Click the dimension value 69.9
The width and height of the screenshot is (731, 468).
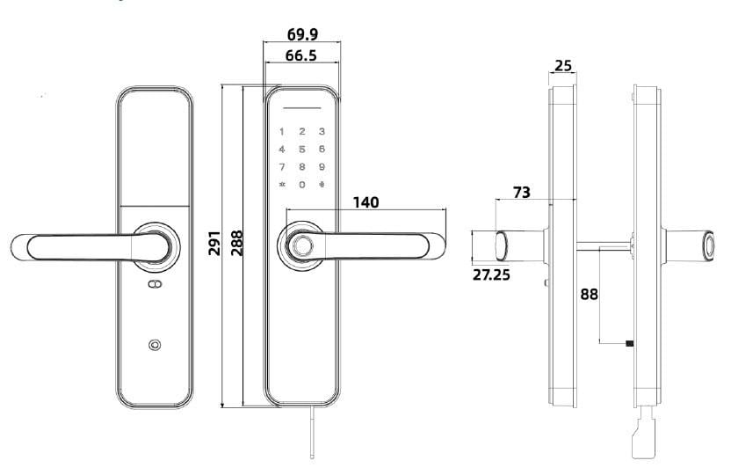pyautogui.click(x=302, y=35)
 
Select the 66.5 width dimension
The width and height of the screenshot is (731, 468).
pyautogui.click(x=301, y=56)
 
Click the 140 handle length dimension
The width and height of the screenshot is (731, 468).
pyautogui.click(x=365, y=202)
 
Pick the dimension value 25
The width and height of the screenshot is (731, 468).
pyautogui.click(x=564, y=66)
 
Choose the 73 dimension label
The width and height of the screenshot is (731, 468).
pyautogui.click(x=522, y=192)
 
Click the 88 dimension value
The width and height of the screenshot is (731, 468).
pyautogui.click(x=589, y=295)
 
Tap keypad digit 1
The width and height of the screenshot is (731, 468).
pyautogui.click(x=282, y=132)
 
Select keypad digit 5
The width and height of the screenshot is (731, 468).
pyautogui.click(x=302, y=150)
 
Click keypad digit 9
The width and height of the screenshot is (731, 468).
pyautogui.click(x=322, y=167)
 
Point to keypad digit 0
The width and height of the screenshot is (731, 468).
pyautogui.click(x=302, y=185)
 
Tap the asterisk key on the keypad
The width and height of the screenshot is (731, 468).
pyautogui.click(x=282, y=185)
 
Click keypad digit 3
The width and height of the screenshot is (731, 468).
pyautogui.click(x=322, y=132)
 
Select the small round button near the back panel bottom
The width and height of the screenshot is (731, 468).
pyautogui.click(x=156, y=345)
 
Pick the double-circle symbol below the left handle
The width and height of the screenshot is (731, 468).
pyautogui.click(x=156, y=285)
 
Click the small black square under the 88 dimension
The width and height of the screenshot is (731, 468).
pyautogui.click(x=629, y=342)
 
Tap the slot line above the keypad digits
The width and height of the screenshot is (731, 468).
pyautogui.click(x=302, y=110)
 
